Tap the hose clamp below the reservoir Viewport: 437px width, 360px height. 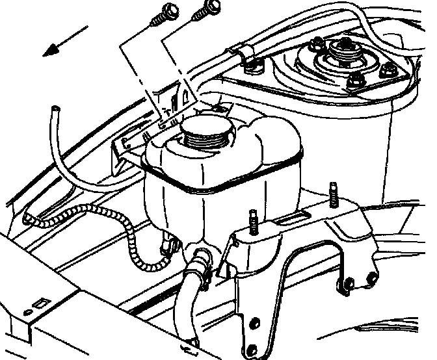point(201,264)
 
